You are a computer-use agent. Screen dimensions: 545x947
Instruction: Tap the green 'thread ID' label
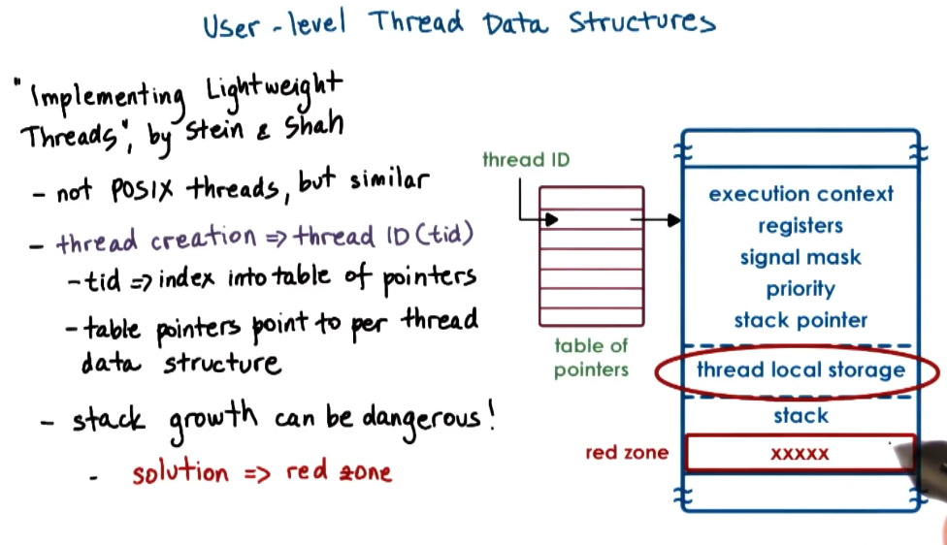tap(526, 160)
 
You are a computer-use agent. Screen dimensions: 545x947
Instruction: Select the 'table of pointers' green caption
tap(591, 357)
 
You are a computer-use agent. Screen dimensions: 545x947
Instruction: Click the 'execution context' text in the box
tap(800, 194)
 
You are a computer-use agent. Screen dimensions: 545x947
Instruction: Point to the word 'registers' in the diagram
tap(800, 226)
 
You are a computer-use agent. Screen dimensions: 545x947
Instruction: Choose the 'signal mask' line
tap(800, 258)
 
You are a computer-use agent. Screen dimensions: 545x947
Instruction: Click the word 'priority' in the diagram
tap(800, 289)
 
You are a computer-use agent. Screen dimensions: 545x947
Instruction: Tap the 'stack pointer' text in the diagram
tap(800, 321)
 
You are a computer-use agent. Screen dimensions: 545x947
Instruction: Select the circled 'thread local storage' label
tap(800, 370)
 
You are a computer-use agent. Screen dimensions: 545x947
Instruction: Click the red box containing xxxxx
tap(800, 453)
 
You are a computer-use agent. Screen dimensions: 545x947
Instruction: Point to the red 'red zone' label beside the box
tap(626, 453)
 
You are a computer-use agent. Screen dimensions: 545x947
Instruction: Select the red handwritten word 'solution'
tap(180, 473)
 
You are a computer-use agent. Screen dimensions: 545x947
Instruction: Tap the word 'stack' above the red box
tap(800, 416)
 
